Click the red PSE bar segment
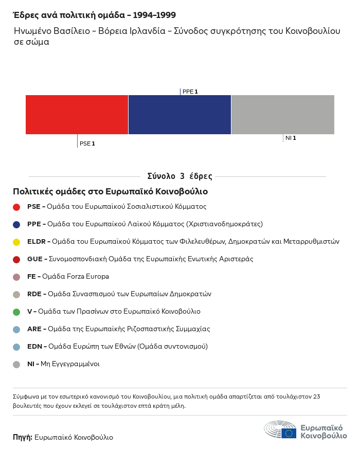77,115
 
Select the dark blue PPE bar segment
179,115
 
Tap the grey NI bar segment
283,115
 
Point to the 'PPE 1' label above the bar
190,92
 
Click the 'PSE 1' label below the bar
87,143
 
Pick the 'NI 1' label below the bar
291,138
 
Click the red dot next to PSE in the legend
16,207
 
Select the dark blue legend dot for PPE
16,224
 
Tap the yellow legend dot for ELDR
16,242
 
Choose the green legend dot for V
16,312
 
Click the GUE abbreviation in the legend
34,259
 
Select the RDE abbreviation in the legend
34,294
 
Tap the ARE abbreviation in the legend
34,329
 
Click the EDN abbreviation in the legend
34,347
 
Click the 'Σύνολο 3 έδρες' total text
179,176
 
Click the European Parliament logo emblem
280,429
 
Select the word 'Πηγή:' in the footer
23,437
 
